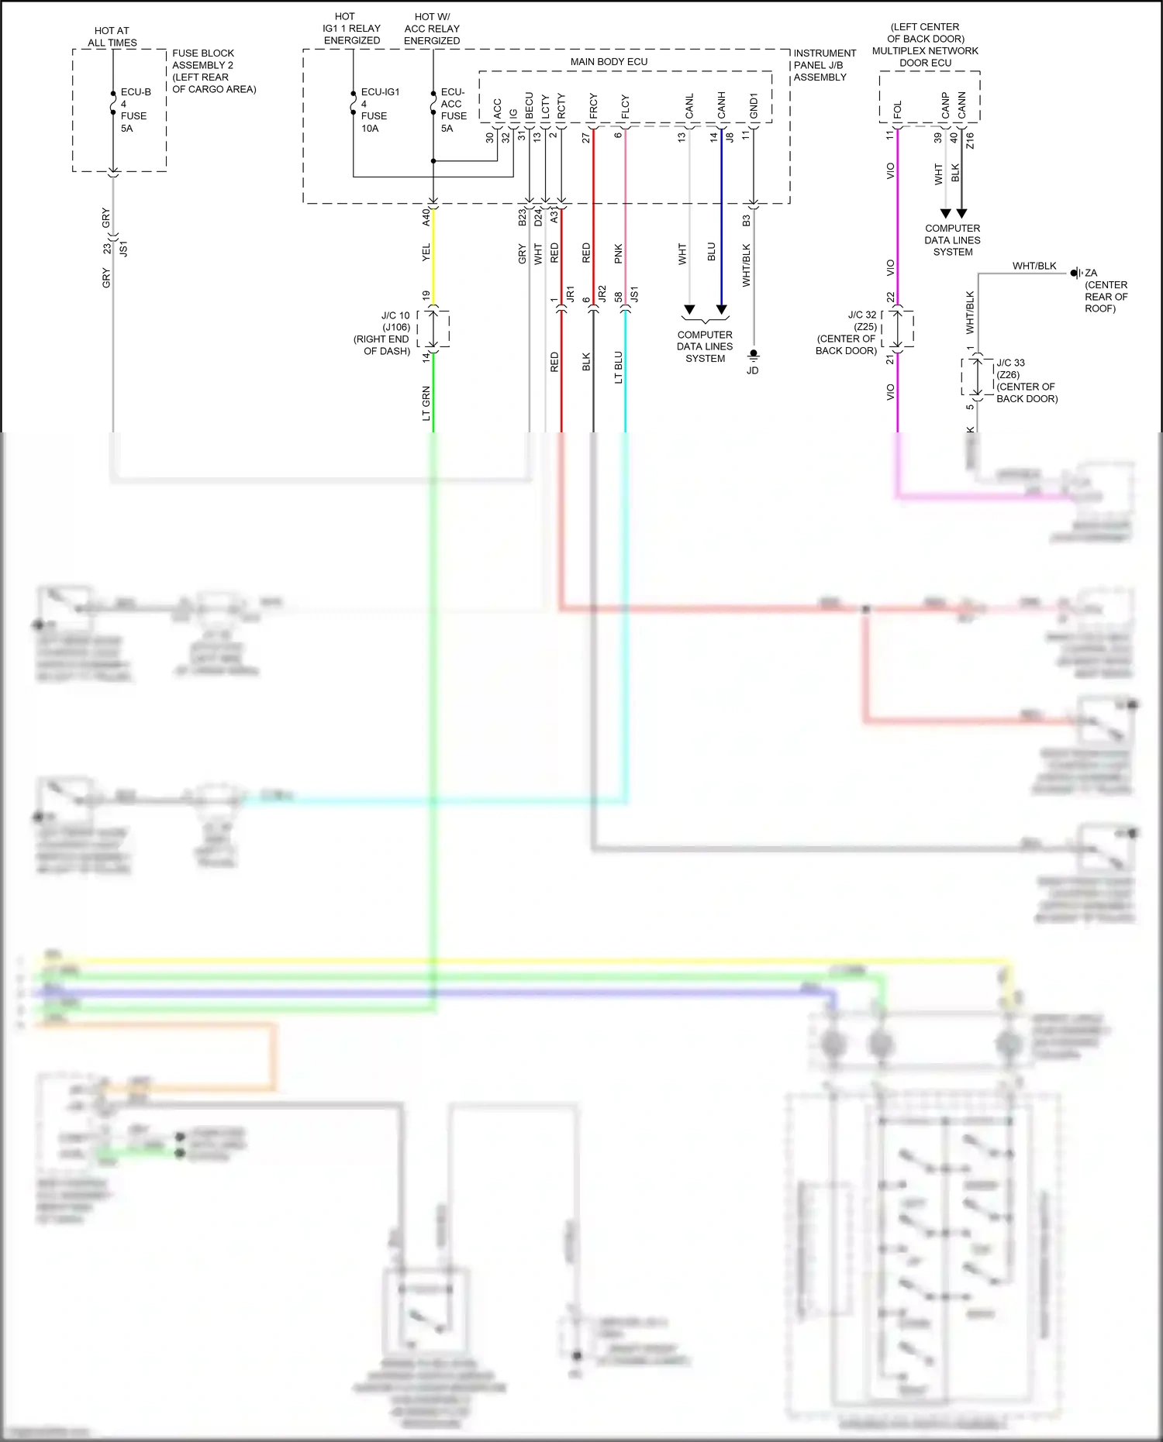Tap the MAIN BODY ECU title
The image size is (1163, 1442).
click(609, 61)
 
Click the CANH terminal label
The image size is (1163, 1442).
click(721, 106)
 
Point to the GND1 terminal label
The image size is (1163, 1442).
click(753, 106)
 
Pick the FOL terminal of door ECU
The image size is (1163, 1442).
click(897, 109)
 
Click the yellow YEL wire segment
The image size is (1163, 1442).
click(433, 256)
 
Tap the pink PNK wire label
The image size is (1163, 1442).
click(618, 253)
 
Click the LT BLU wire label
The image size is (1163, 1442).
click(618, 367)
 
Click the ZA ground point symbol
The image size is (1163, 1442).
click(1075, 273)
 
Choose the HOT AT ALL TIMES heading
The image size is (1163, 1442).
click(112, 36)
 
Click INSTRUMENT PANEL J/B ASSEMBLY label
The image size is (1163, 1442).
click(824, 65)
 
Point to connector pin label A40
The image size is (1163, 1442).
click(426, 217)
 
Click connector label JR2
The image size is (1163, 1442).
click(602, 294)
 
